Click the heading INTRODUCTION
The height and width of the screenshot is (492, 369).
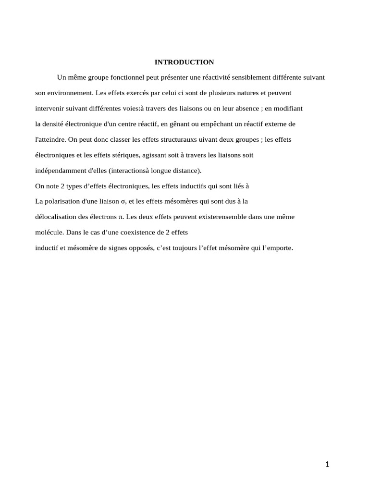pos(184,62)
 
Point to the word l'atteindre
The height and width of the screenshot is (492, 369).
pos(50,140)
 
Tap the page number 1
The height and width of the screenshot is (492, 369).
pos(327,464)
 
